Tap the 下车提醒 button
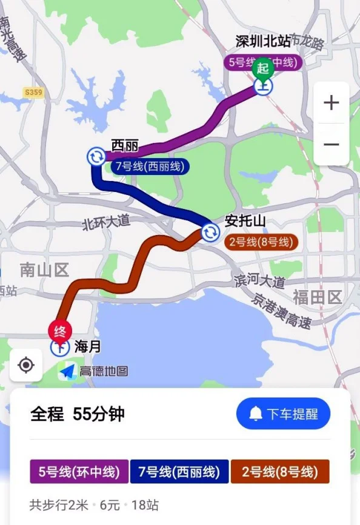(x=283, y=414)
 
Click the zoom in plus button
(x=331, y=103)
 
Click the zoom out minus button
(x=331, y=145)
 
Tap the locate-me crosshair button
(x=26, y=365)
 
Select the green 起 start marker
(x=262, y=68)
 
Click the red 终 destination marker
(x=60, y=331)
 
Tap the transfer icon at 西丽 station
(x=96, y=157)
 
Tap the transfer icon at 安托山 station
(x=210, y=232)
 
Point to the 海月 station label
(x=87, y=347)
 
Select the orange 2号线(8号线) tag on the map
(x=262, y=243)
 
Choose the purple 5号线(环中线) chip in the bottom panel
(x=79, y=472)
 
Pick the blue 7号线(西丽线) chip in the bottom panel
(x=180, y=472)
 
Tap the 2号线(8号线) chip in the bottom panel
(x=279, y=472)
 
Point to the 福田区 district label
(x=317, y=297)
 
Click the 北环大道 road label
(x=107, y=223)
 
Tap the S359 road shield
(x=33, y=92)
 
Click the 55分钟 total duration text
(x=99, y=414)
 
